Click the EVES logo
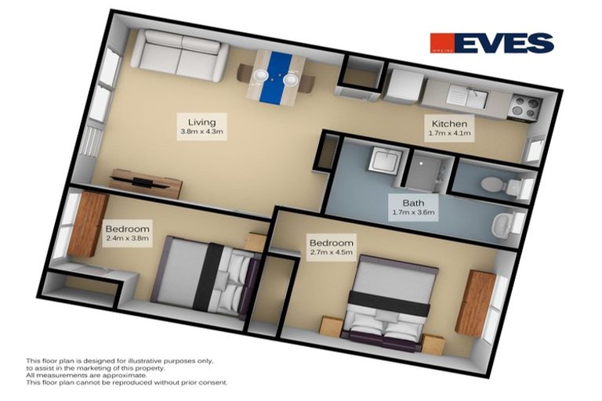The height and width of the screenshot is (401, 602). pyautogui.click(x=491, y=42)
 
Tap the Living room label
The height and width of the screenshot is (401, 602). pyautogui.click(x=202, y=121)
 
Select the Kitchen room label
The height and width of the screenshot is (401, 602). pyautogui.click(x=448, y=124)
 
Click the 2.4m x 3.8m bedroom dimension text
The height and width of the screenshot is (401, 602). pyautogui.click(x=126, y=239)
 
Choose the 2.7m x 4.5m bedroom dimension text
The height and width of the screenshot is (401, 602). pyautogui.click(x=331, y=252)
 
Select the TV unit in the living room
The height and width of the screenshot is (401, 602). pyautogui.click(x=147, y=182)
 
